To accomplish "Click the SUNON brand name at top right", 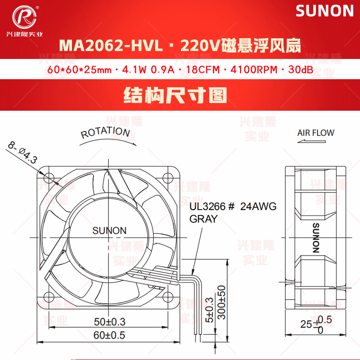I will point(324,11).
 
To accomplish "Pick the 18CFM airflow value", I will point(199,71).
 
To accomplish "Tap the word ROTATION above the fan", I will point(105,132).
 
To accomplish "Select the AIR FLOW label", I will point(315,133).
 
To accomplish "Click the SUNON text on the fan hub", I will point(109,230).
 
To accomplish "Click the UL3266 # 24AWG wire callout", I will point(233,207).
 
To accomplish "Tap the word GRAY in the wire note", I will point(203,219).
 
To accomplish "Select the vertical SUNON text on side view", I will point(315,238).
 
